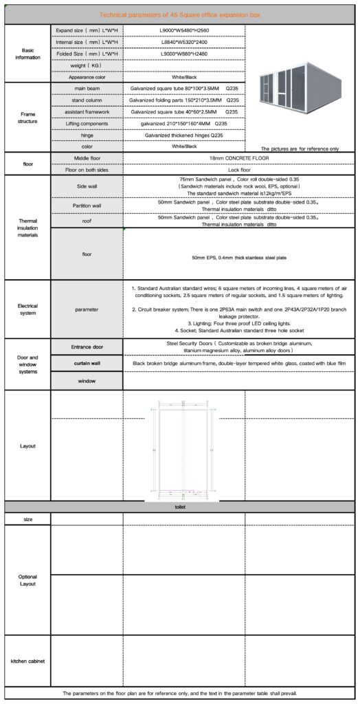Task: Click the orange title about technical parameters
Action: point(179,14)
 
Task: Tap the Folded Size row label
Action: point(87,54)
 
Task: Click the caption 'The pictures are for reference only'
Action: point(300,148)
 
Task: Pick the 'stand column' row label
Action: point(87,100)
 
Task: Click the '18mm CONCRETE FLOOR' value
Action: point(238,158)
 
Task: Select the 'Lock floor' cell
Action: point(238,169)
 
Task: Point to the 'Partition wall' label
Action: point(87,206)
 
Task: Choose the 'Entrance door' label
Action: point(87,346)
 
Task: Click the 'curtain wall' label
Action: point(87,362)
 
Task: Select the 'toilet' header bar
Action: point(180,506)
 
